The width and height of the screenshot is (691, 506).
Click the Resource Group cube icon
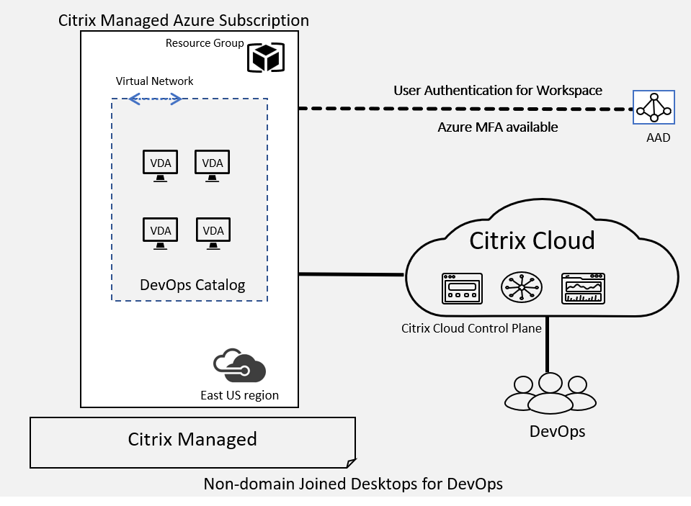265,57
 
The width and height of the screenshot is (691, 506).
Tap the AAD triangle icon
654,108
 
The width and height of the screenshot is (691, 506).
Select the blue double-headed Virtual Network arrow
154,100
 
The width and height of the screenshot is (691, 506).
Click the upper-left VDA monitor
160,166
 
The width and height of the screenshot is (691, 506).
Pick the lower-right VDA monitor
213,233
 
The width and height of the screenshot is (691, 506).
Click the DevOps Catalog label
192,285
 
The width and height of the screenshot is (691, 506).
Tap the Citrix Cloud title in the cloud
532,240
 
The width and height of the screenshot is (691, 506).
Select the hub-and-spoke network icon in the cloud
522,288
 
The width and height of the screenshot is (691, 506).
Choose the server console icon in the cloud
462,289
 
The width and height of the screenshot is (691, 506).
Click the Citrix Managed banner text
192,439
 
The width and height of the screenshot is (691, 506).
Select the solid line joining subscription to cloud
352,274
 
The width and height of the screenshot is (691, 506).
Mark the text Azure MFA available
498,127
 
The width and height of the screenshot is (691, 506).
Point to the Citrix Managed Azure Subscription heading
184,20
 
